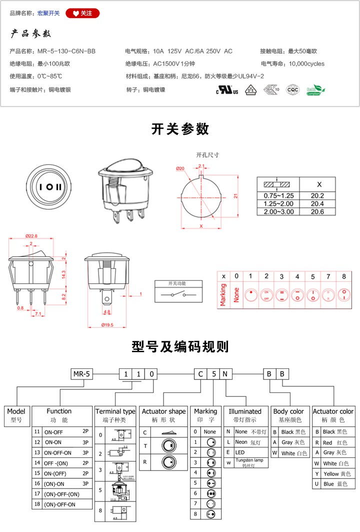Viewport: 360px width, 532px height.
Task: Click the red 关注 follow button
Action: (x=82, y=13)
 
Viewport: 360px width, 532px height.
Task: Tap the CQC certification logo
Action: (x=292, y=90)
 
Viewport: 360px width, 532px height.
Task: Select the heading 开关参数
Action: (x=180, y=129)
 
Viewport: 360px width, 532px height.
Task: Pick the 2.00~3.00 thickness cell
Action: (x=275, y=212)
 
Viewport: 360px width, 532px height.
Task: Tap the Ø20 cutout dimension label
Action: (x=180, y=169)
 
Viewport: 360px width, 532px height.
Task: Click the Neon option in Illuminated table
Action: (x=241, y=442)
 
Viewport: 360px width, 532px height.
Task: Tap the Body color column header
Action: (x=288, y=411)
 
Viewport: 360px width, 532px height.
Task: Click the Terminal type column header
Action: (x=115, y=411)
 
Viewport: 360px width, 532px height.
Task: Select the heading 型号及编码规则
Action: (x=180, y=347)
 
